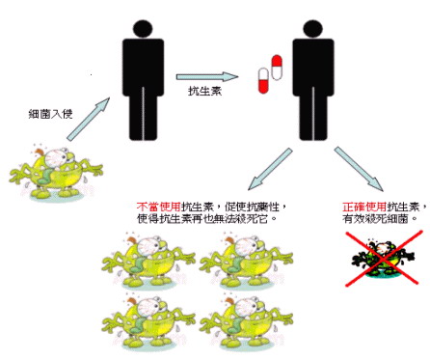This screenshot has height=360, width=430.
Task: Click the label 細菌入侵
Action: pos(50,114)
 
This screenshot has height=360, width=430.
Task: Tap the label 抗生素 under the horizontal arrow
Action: pos(204,92)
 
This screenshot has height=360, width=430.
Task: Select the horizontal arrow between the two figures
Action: pos(207,77)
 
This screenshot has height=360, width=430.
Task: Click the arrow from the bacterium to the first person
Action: pos(89,119)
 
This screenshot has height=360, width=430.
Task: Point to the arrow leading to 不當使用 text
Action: pos(270,169)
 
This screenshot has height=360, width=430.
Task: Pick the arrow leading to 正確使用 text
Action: pos(359,169)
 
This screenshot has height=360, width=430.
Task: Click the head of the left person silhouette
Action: pos(143,29)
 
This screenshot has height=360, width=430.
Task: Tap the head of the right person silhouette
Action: pos(312,29)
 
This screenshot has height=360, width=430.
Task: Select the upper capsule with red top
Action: pos(277,68)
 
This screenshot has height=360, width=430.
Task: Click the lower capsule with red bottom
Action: pos(263,81)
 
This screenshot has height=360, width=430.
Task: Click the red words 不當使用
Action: pos(158,207)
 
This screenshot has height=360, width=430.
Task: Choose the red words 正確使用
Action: pos(364,207)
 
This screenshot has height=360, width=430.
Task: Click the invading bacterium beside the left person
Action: pos(56,173)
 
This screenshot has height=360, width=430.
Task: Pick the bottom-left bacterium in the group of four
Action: pos(148,322)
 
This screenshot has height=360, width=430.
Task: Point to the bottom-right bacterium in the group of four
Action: pos(246,322)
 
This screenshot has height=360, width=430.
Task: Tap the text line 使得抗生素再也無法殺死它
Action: pos(207,219)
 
